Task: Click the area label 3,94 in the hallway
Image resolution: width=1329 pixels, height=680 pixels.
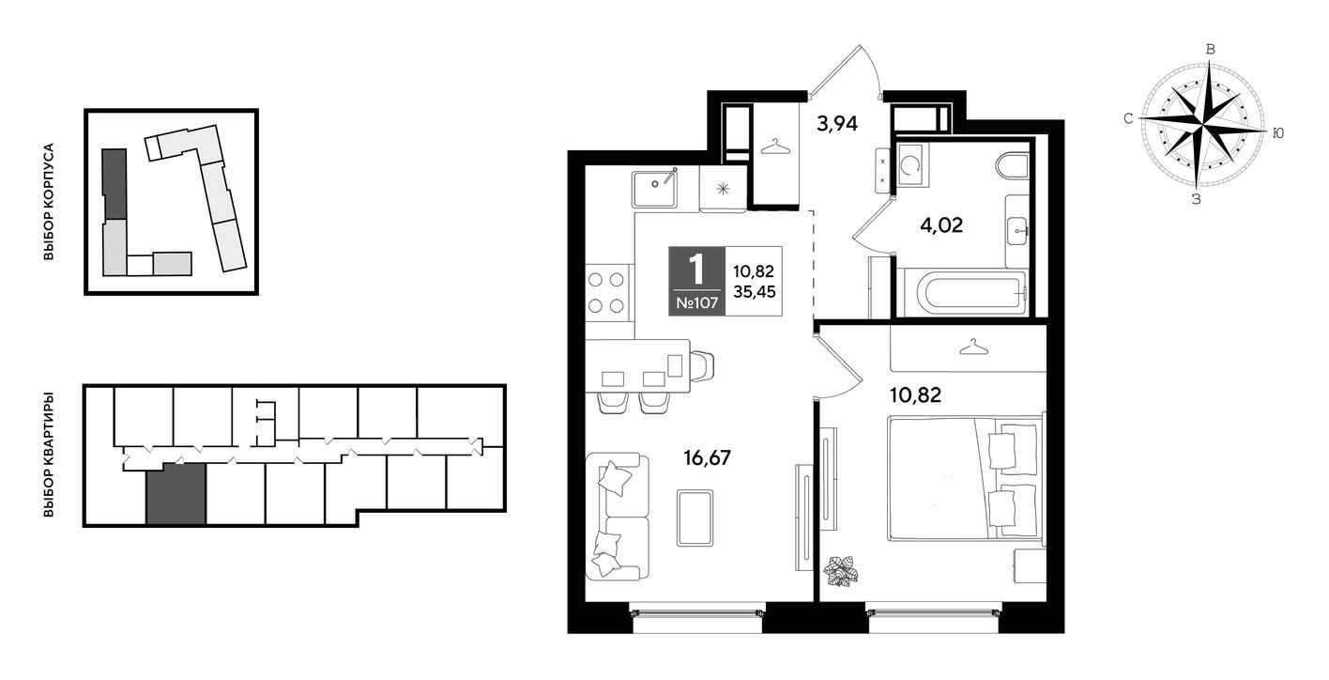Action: [837, 124]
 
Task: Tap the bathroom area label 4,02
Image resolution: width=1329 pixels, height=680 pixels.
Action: [941, 225]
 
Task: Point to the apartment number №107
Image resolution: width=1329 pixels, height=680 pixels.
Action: [697, 303]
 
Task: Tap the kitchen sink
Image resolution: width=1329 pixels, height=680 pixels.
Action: [654, 188]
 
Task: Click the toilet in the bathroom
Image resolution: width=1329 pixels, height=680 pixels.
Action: [1013, 165]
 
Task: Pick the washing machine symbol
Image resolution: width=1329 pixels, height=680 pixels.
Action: [912, 164]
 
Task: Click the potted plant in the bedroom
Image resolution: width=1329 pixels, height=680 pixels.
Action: [841, 571]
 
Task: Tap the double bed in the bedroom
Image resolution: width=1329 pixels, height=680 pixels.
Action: [965, 479]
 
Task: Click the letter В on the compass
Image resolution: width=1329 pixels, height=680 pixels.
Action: [1211, 50]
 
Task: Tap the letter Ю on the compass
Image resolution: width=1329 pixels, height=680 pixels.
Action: [1278, 134]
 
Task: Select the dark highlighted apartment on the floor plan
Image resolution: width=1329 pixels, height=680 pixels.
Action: [176, 493]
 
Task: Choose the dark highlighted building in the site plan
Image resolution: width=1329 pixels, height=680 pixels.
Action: [115, 185]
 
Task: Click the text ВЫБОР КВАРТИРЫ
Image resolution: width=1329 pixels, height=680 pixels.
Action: [49, 454]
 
